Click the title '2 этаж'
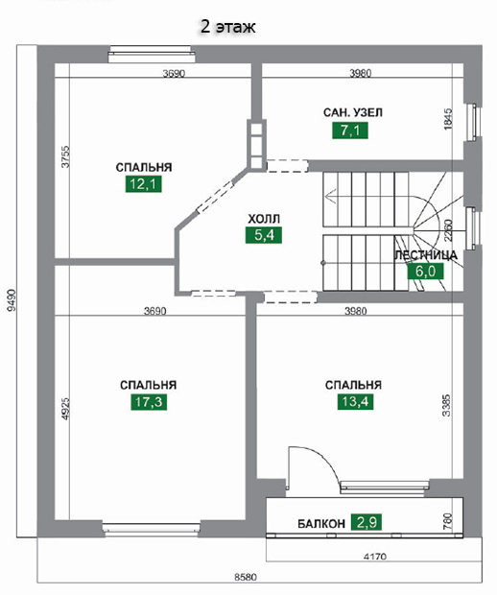point(227,27)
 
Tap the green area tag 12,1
point(143,184)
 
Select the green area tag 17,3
point(149,402)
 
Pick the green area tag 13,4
point(355,401)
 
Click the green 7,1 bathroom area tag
point(350,131)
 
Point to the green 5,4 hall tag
point(264,235)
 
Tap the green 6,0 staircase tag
point(425,272)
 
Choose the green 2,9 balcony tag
point(367,522)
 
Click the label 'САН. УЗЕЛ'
point(353,112)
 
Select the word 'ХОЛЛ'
point(264,219)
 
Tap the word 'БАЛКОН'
point(321,524)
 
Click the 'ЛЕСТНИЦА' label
point(426,255)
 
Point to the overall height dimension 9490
point(12,300)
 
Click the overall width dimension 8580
point(246,577)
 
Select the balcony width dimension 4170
point(375,557)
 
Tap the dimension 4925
point(65,409)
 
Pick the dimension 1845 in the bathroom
point(448,120)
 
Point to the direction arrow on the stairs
point(331,196)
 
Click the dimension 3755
point(65,156)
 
